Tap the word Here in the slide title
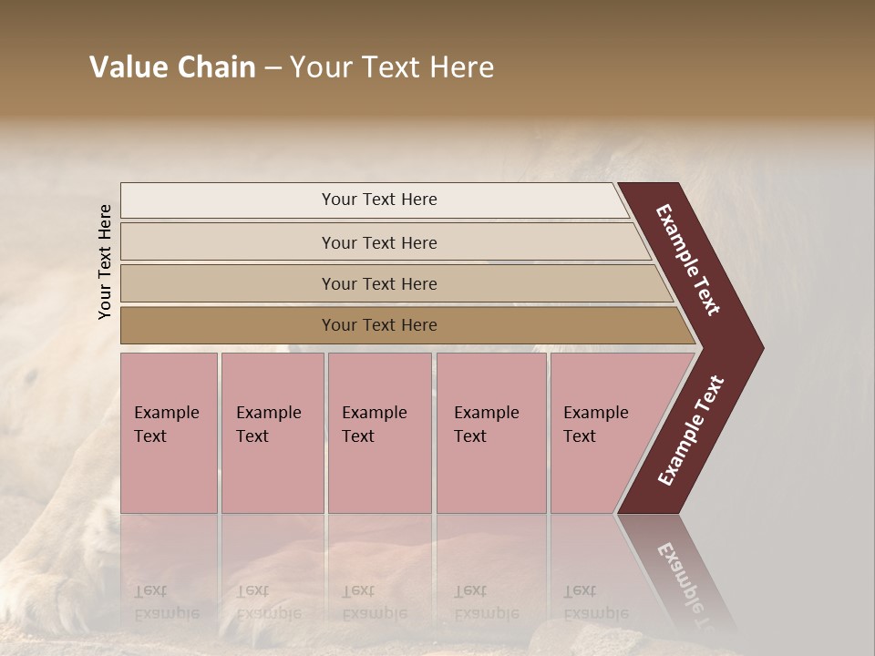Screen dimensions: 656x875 (x=460, y=67)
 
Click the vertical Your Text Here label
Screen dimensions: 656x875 (x=105, y=262)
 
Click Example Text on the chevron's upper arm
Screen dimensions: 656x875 (x=688, y=261)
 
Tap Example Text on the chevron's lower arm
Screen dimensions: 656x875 (x=690, y=431)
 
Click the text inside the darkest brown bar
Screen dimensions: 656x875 (x=379, y=325)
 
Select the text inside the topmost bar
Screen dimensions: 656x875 (x=379, y=200)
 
